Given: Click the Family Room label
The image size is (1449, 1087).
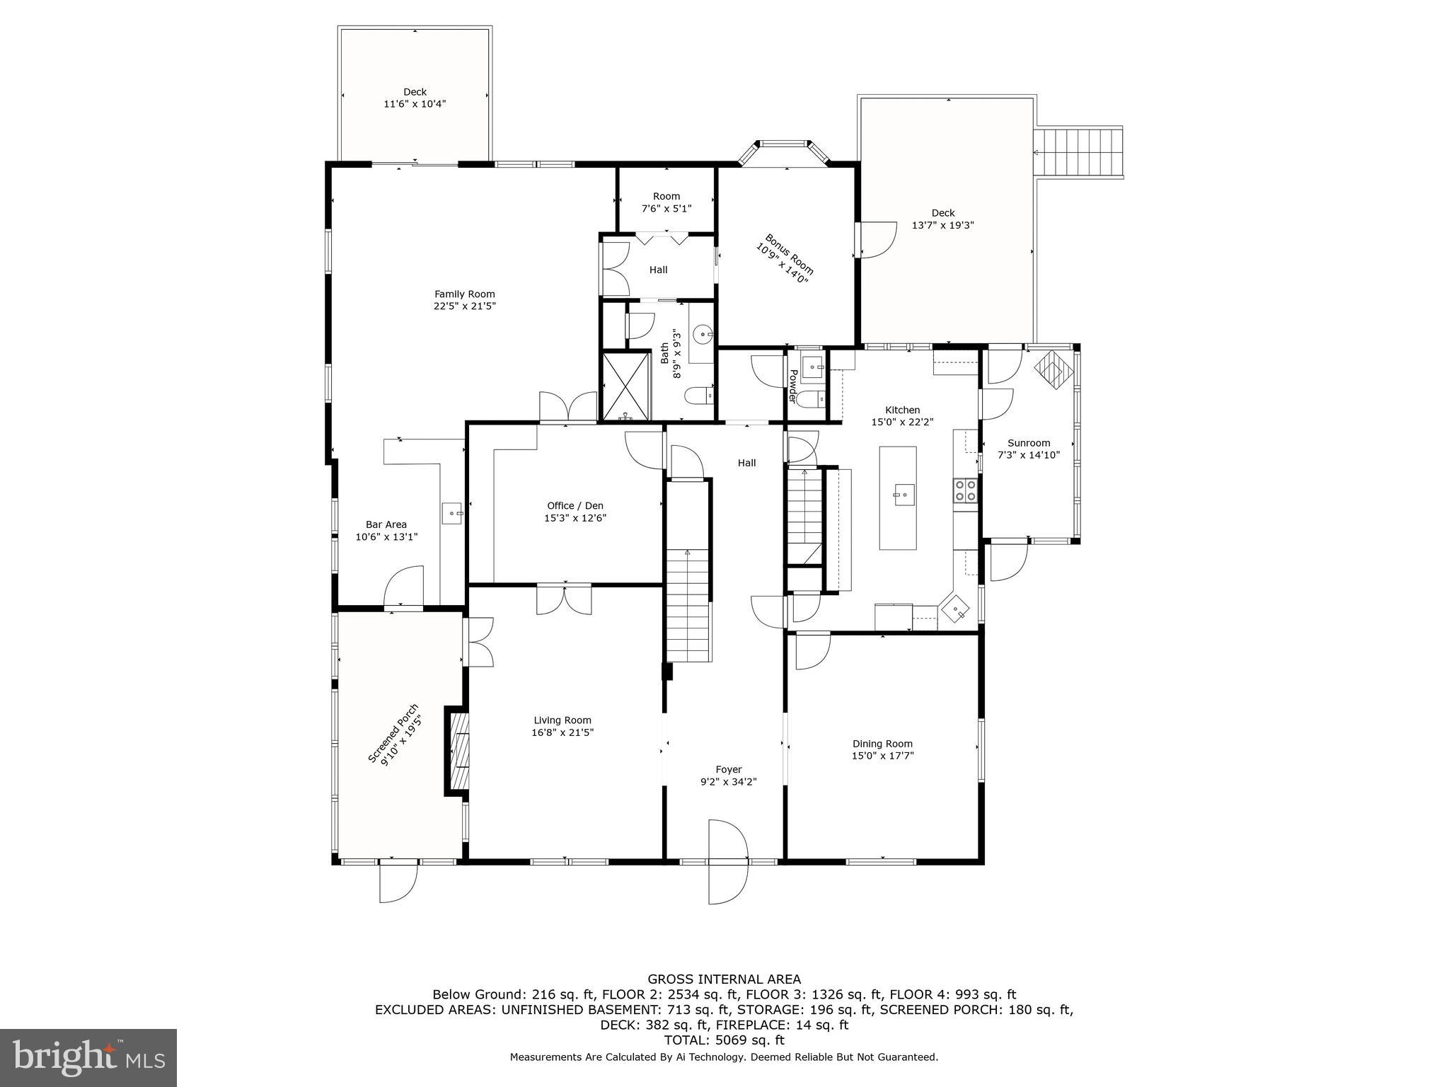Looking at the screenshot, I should point(464,294).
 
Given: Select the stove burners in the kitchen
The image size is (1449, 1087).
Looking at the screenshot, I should point(965,490).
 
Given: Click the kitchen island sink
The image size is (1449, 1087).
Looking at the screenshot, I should point(902,493).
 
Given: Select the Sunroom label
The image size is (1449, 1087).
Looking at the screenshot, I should point(1029,443).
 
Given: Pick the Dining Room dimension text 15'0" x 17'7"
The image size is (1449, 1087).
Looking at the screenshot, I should point(882,756).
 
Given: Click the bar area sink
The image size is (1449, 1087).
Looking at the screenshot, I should point(451,512).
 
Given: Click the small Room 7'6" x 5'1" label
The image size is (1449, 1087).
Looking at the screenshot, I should point(666,197).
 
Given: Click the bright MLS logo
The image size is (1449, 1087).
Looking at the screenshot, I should point(88,1057).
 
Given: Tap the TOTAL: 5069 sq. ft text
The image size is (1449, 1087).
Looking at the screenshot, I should point(724,1040).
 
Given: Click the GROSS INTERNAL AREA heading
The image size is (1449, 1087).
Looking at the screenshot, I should point(724,979).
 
